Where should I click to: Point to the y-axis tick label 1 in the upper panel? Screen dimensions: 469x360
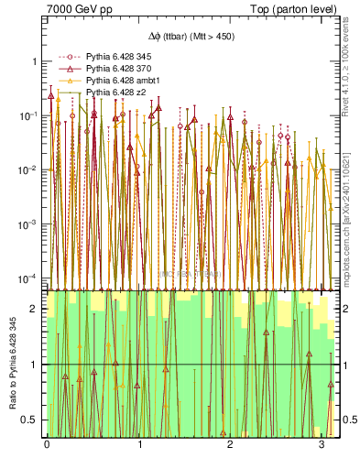35,61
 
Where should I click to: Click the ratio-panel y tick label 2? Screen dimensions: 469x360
35,309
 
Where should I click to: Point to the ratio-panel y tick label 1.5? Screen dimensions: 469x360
30,336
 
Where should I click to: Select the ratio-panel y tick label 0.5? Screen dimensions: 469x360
30,420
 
